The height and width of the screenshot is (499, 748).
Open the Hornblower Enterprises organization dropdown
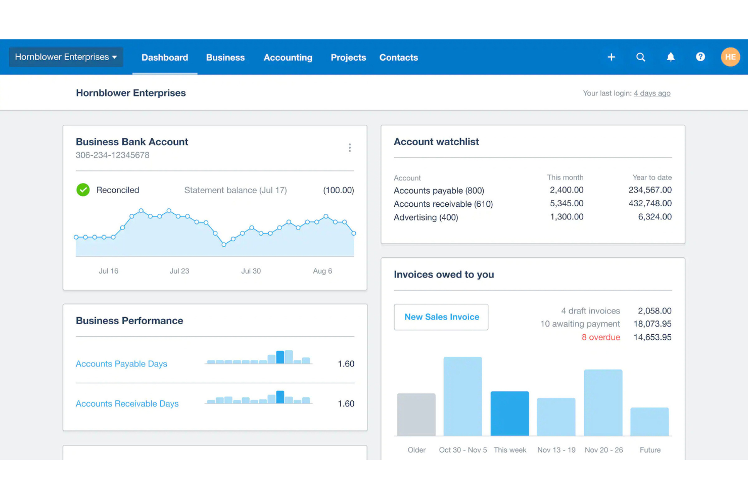click(66, 57)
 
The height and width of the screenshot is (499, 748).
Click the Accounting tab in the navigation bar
click(288, 58)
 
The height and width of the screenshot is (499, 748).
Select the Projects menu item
click(348, 58)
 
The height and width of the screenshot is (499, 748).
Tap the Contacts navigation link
click(398, 58)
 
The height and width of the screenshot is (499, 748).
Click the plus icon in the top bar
click(611, 57)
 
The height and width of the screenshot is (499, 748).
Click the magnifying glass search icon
click(640, 57)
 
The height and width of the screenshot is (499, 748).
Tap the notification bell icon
click(670, 57)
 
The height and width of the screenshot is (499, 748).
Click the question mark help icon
click(700, 57)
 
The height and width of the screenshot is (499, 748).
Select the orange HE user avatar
click(730, 57)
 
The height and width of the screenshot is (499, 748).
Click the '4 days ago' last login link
click(652, 94)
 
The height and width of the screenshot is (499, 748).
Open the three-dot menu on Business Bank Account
click(349, 148)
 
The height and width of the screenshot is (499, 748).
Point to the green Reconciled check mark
click(83, 190)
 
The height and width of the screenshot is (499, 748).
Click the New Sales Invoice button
click(441, 317)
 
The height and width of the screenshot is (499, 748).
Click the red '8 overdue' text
click(600, 337)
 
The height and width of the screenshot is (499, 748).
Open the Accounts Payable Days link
click(121, 364)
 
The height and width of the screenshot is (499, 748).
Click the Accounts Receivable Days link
click(127, 404)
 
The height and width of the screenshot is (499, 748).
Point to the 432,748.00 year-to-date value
click(650, 204)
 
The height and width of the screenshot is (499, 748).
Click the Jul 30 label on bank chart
click(251, 271)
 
